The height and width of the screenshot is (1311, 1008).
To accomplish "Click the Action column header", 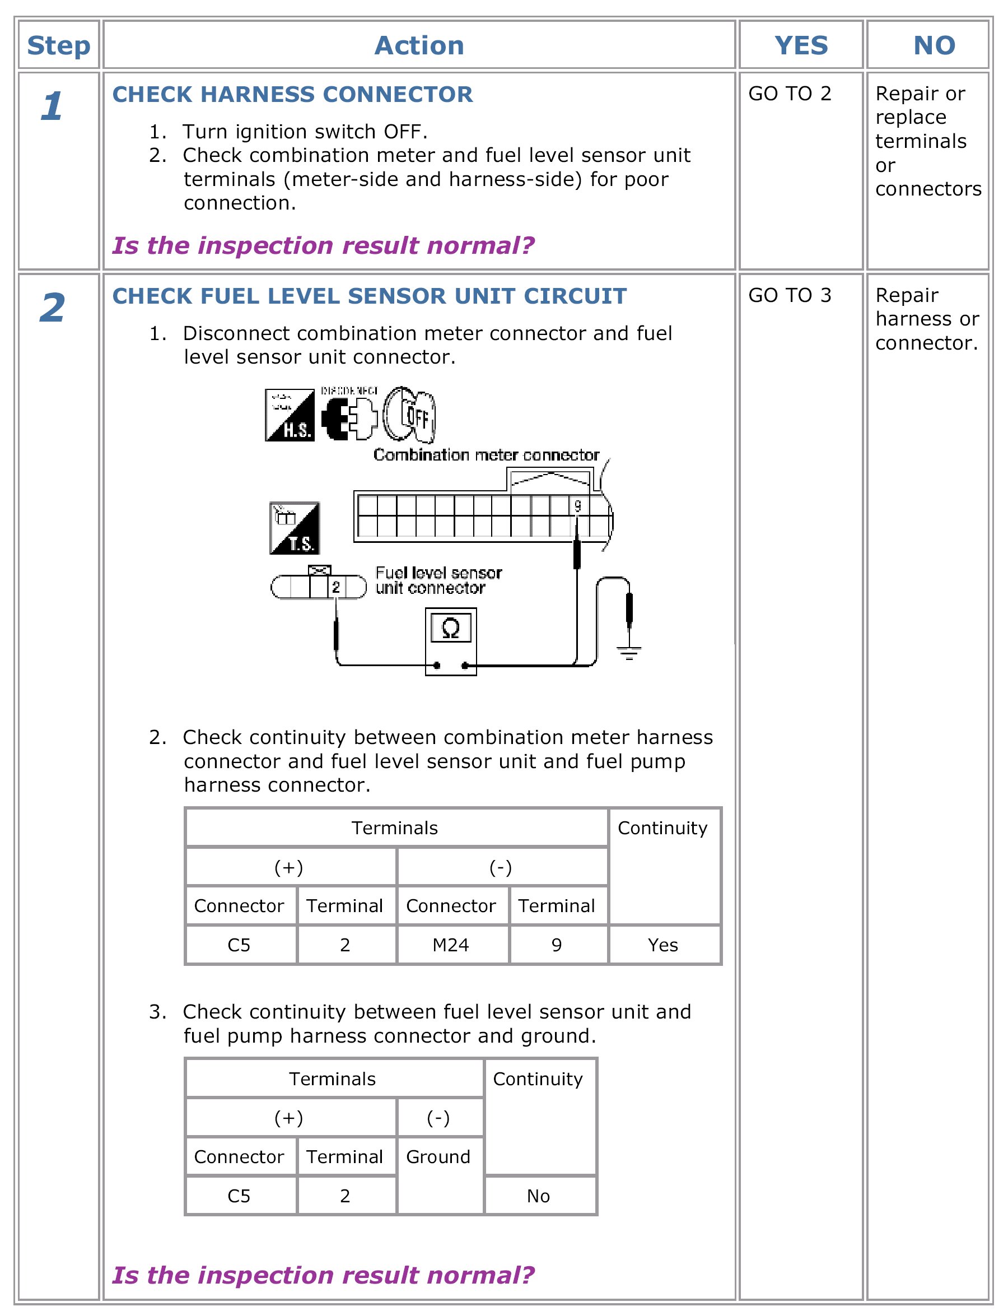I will coord(419,45).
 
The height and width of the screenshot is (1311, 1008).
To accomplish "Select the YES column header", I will coord(800,45).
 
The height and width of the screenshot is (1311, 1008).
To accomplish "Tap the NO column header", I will coord(934,45).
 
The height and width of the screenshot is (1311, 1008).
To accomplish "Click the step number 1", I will coord(52,106).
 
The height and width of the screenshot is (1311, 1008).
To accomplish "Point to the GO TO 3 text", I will coord(789,295).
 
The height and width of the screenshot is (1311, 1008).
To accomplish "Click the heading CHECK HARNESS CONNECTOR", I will coord(292,94).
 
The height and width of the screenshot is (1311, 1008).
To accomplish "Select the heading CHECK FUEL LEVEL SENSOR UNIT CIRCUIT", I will coord(369,296).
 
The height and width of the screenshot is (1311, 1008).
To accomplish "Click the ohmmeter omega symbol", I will coord(451,629).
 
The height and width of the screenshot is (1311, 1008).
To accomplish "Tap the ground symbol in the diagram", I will coord(629,651).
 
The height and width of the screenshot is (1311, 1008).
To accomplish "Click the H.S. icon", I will coord(290,415).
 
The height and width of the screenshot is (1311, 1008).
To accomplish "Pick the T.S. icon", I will coord(295,528).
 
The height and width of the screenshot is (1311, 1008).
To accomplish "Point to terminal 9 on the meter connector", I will coord(577,505).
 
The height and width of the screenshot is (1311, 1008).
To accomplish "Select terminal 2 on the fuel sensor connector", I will coord(336,587).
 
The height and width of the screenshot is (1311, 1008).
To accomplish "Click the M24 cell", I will coord(451,946).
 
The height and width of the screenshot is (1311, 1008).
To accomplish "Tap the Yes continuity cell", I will coord(662,946).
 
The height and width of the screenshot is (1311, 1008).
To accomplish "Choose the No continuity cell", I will coord(538,1196).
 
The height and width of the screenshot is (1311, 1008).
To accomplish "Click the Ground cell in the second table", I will coord(438,1157).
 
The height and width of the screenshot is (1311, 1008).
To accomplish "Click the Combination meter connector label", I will coord(486,455).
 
